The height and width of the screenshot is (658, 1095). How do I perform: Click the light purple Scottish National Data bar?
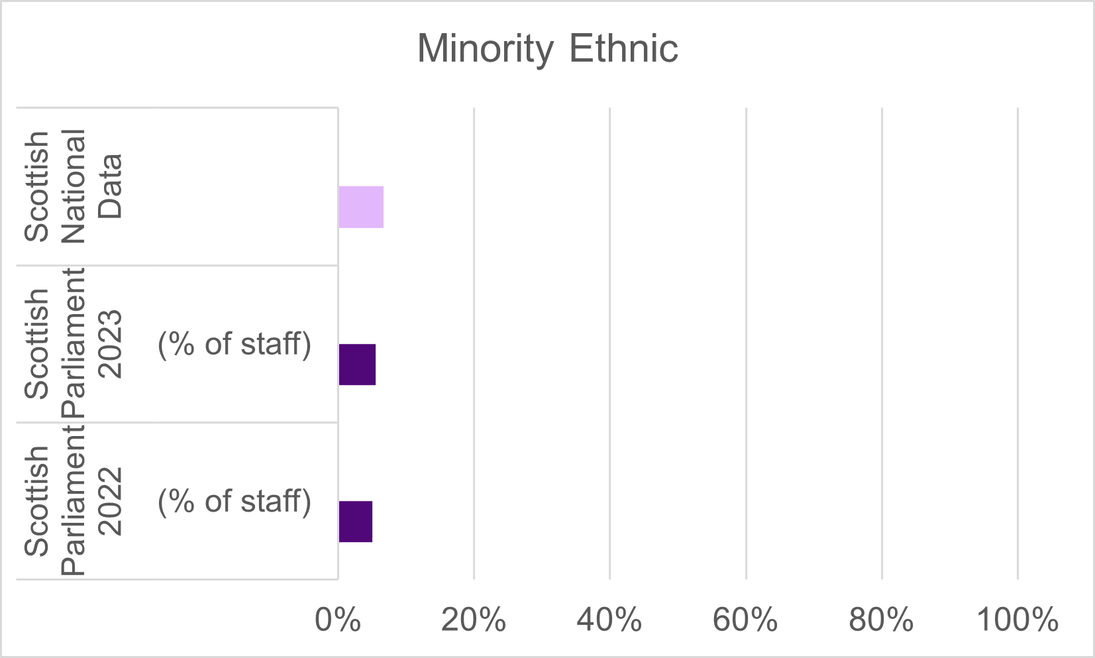pyautogui.click(x=361, y=207)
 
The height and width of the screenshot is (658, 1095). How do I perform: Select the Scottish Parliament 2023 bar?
pyautogui.click(x=357, y=364)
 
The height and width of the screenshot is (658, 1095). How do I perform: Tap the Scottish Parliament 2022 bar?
pyautogui.click(x=355, y=521)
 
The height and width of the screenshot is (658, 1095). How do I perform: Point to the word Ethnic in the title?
pyautogui.click(x=623, y=49)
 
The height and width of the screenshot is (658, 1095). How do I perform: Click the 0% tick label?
pyautogui.click(x=338, y=621)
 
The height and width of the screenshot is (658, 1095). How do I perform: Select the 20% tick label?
pyautogui.click(x=474, y=621)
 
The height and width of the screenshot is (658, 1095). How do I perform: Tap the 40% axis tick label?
pyautogui.click(x=609, y=621)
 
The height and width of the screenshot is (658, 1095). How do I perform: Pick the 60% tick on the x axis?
pyautogui.click(x=745, y=621)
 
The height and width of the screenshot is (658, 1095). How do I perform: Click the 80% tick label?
pyautogui.click(x=881, y=621)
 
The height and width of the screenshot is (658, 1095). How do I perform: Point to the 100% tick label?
pyautogui.click(x=1017, y=621)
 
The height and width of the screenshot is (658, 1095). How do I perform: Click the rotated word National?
pyautogui.click(x=74, y=186)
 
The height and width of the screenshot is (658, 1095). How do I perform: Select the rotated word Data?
pyautogui.click(x=110, y=186)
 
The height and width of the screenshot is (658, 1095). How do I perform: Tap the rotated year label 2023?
pyautogui.click(x=110, y=344)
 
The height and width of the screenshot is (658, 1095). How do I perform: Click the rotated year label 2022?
pyautogui.click(x=110, y=501)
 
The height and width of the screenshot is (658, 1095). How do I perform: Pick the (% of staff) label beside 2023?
pyautogui.click(x=235, y=344)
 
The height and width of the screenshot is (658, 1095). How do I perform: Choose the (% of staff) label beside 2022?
pyautogui.click(x=235, y=501)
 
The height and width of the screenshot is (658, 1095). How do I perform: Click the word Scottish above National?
pyautogui.click(x=37, y=186)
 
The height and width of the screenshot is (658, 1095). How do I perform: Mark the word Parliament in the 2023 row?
pyautogui.click(x=74, y=343)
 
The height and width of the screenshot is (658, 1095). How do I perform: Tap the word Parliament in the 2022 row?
pyautogui.click(x=74, y=501)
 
